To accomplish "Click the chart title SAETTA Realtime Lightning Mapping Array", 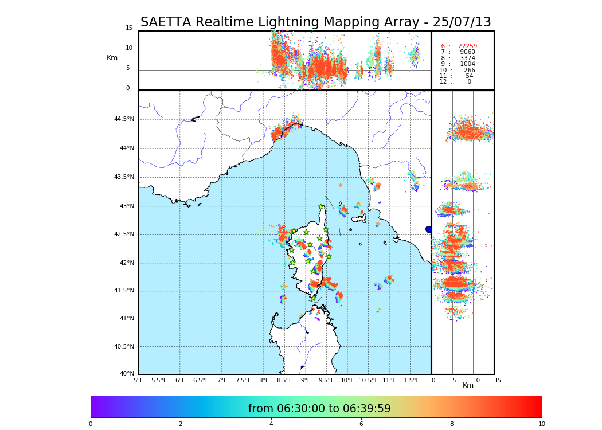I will pyautogui.click(x=315, y=22).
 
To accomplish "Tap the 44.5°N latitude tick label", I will pyautogui.click(x=124, y=119).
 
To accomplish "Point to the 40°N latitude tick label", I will pyautogui.click(x=127, y=374).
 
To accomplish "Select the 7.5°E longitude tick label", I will pyautogui.click(x=243, y=380).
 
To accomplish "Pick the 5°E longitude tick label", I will pyautogui.click(x=138, y=380).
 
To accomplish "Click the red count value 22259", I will pyautogui.click(x=467, y=46).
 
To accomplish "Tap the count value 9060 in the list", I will pyautogui.click(x=467, y=52).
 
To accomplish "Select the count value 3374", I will pyautogui.click(x=467, y=58).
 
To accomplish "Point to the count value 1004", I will pyautogui.click(x=467, y=64).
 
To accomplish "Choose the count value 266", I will pyautogui.click(x=469, y=71).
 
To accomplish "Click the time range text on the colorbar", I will pyautogui.click(x=319, y=409).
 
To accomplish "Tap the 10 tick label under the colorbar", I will pyautogui.click(x=541, y=424).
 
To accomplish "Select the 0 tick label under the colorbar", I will pyautogui.click(x=91, y=424).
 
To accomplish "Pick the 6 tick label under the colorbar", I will pyautogui.click(x=361, y=424).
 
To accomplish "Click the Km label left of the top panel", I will pyautogui.click(x=112, y=58).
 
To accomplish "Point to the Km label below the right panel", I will pyautogui.click(x=468, y=385).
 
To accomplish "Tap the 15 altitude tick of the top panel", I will pyautogui.click(x=129, y=28).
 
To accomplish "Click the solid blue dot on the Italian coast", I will pyautogui.click(x=428, y=229).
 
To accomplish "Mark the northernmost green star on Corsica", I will pyautogui.click(x=321, y=207).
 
